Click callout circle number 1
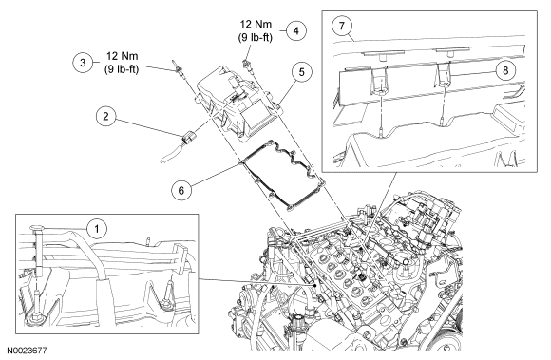97,229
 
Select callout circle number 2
106,117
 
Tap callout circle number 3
83,63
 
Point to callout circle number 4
295,31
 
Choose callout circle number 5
301,72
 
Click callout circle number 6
181,190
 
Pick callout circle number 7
342,26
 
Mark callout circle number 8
505,70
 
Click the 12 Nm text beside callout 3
122,57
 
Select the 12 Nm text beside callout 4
256,25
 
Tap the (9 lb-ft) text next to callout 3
122,69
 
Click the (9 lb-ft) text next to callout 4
256,37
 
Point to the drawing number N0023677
27,351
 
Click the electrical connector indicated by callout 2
188,138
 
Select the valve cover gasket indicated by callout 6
281,175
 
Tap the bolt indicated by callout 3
178,67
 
